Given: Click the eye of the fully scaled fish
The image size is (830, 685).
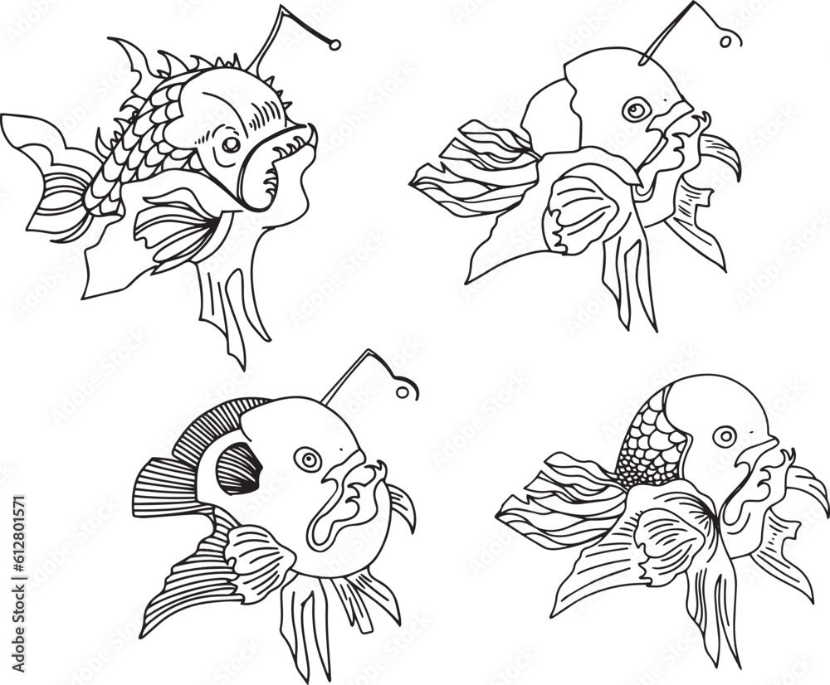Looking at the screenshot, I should point(231,144).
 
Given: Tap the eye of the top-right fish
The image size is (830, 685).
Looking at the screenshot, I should point(636,109).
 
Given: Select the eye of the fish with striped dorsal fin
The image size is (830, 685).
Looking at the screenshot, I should point(308,459).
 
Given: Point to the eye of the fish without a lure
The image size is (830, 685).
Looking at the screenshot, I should point(725,436).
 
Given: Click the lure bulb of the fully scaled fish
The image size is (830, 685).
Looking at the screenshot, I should point(334,43).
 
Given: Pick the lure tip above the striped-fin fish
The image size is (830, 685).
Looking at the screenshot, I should point(407,388).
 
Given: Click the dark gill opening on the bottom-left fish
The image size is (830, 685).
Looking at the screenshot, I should point(238,469).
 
